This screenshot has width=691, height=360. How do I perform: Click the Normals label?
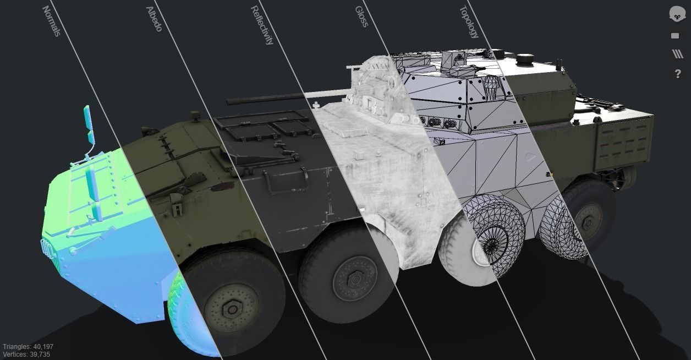(x=51, y=21)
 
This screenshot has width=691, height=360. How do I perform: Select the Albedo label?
(x=154, y=19)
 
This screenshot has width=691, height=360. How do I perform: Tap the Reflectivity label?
(x=262, y=25)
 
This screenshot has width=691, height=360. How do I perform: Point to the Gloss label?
(x=361, y=17)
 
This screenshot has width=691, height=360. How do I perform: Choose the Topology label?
(x=469, y=22)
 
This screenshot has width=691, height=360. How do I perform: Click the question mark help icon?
(x=677, y=74)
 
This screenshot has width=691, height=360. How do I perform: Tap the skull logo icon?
(x=677, y=14)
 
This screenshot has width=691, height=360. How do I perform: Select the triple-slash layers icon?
(x=677, y=54)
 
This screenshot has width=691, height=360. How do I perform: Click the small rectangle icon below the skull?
(x=675, y=36)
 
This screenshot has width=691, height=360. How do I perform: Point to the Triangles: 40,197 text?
(x=28, y=347)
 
